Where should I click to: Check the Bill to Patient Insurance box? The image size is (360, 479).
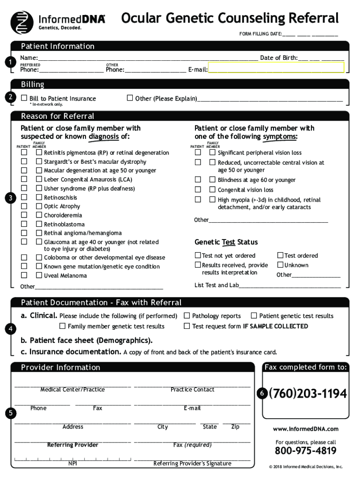tap(24, 98)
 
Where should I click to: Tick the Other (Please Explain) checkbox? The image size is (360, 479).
tap(130, 98)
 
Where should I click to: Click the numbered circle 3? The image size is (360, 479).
tap(10, 198)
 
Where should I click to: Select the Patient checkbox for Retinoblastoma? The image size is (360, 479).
tap(24, 224)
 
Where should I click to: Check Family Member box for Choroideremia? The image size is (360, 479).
tap(39, 215)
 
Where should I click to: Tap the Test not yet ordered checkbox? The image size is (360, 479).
tap(198, 255)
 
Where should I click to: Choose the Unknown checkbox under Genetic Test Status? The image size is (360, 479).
tap(280, 265)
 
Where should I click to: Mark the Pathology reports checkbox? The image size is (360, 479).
tap(187, 316)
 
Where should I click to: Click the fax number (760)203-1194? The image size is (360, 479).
tap(308, 394)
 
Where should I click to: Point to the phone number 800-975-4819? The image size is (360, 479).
tap(305, 451)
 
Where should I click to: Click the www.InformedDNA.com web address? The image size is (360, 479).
tap(305, 429)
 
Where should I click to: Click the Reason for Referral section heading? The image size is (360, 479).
tap(57, 116)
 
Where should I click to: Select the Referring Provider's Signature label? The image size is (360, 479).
tap(192, 464)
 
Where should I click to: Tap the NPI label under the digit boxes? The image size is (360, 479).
tap(72, 464)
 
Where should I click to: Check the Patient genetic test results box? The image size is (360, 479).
tap(254, 316)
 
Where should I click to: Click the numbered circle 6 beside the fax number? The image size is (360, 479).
tap(263, 394)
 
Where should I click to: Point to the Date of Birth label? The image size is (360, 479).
tap(278, 58)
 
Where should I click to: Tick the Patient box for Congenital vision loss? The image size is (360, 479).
tap(198, 189)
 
